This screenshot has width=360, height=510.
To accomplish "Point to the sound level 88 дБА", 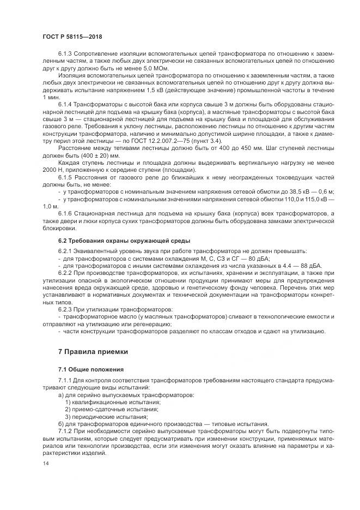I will pos(310,265).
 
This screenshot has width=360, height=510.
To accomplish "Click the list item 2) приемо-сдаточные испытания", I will pos(112,408).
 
